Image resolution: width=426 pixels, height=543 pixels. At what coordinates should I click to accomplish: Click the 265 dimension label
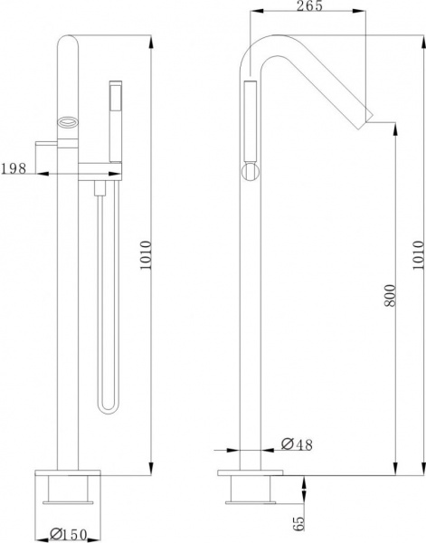(x=309, y=5)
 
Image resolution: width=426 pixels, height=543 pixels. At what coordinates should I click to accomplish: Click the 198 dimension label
(x=14, y=168)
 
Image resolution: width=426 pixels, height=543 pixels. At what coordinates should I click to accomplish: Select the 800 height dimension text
(x=390, y=295)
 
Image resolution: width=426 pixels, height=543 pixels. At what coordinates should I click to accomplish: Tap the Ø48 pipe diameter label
(x=297, y=444)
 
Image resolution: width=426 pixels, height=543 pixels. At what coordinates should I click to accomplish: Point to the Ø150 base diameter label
(x=68, y=535)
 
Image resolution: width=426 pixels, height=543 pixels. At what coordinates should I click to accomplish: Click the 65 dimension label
(x=298, y=523)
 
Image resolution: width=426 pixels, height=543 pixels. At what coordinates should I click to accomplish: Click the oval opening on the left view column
(x=68, y=122)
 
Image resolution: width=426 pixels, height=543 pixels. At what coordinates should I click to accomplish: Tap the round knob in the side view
(x=251, y=172)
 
